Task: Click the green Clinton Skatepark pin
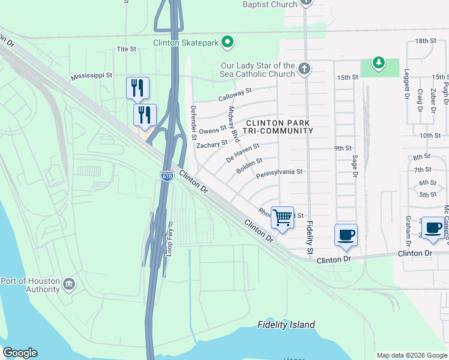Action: point(227,42)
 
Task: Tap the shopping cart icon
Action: point(282,217)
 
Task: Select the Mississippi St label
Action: point(91,76)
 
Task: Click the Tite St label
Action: point(127,49)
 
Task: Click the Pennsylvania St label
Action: point(280,172)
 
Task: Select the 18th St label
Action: point(424,41)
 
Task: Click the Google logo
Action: point(20,353)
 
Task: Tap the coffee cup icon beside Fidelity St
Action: point(346,234)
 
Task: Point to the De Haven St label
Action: point(243,152)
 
